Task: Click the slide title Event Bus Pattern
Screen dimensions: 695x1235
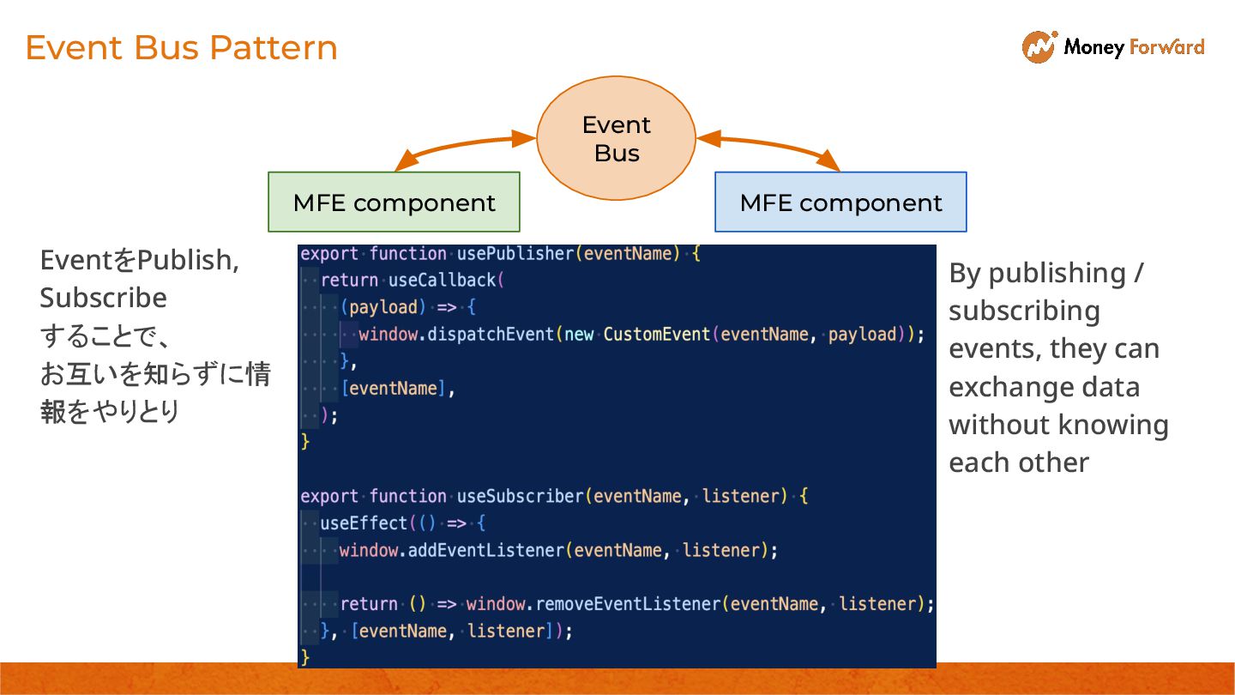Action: click(181, 47)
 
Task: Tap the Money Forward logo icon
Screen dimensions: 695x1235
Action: click(1039, 46)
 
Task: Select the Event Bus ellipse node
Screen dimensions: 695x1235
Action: click(616, 138)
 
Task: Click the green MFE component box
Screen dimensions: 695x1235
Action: click(394, 202)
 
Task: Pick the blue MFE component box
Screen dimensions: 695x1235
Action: click(840, 202)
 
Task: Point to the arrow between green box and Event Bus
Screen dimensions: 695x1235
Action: click(463, 147)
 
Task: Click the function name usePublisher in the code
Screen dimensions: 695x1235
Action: click(515, 254)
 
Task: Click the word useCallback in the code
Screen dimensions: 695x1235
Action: click(443, 281)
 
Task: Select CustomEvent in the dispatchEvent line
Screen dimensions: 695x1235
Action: click(656, 335)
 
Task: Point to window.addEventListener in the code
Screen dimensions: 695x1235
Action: click(451, 550)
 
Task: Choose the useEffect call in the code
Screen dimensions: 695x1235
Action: click(364, 523)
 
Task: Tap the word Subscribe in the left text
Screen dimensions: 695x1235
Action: click(103, 298)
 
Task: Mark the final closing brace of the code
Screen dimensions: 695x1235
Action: click(304, 657)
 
